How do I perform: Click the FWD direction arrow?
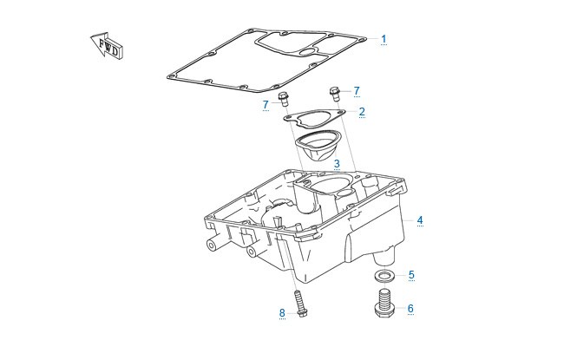(107, 45)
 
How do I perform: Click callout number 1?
(384, 39)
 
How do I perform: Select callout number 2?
(362, 112)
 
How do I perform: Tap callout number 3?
(337, 164)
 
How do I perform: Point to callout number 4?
(420, 220)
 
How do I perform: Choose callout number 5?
(411, 275)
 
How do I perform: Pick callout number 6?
(410, 308)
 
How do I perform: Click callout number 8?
(282, 313)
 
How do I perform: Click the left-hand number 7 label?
(266, 105)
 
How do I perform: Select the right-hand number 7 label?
(357, 90)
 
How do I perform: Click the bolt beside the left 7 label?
(284, 99)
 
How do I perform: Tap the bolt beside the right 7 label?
(335, 94)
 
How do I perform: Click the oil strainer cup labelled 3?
(318, 147)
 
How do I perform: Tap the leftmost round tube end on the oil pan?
(212, 245)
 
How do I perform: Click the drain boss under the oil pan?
(385, 256)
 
